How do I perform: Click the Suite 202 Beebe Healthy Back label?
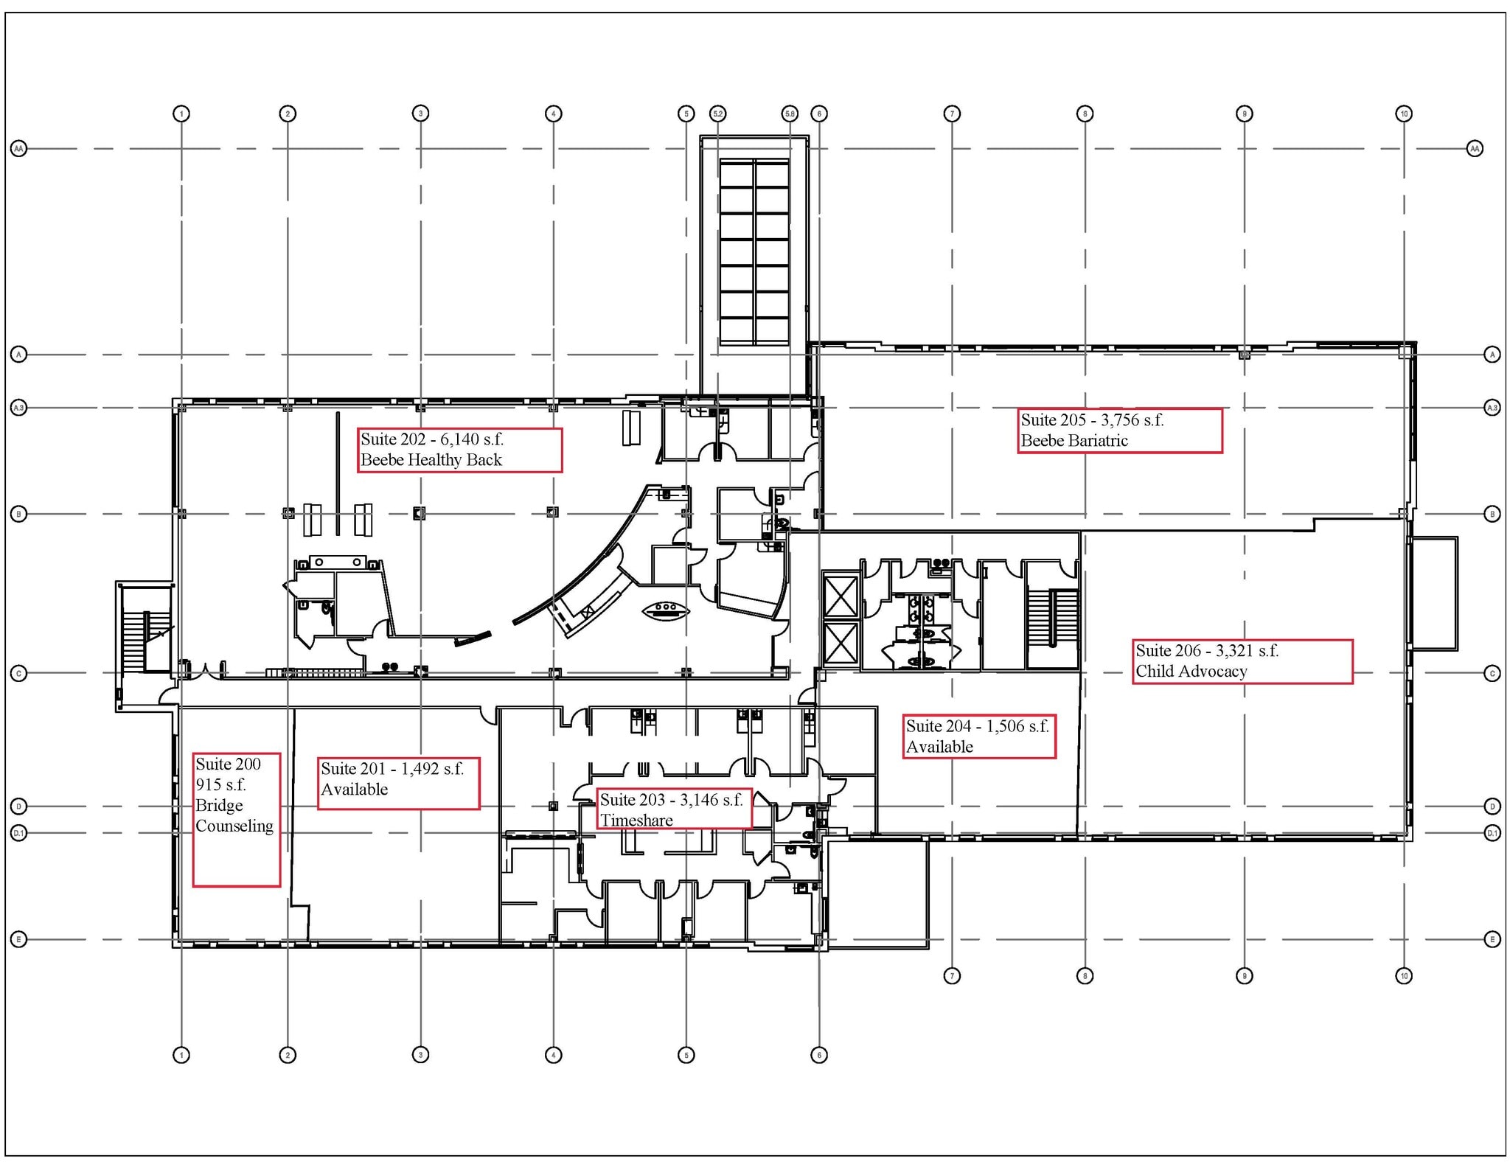[x=459, y=450]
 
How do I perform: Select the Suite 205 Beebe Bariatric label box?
[x=1119, y=431]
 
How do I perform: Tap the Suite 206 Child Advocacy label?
[x=1242, y=661]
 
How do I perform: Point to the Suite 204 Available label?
[x=978, y=736]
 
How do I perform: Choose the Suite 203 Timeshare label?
[x=673, y=809]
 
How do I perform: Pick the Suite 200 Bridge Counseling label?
[x=236, y=819]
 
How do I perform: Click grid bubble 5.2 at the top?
[x=717, y=114]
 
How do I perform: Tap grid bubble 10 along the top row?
[x=1404, y=114]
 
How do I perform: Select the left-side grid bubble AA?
[x=18, y=149]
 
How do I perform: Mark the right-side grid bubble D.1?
[x=1492, y=833]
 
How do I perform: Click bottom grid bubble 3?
[x=420, y=1055]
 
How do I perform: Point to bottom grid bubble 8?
[x=1085, y=976]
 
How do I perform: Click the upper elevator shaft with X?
[x=841, y=596]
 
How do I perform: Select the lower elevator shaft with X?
[x=841, y=643]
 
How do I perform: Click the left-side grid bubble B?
[x=18, y=514]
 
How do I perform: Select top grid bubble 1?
[x=181, y=114]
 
